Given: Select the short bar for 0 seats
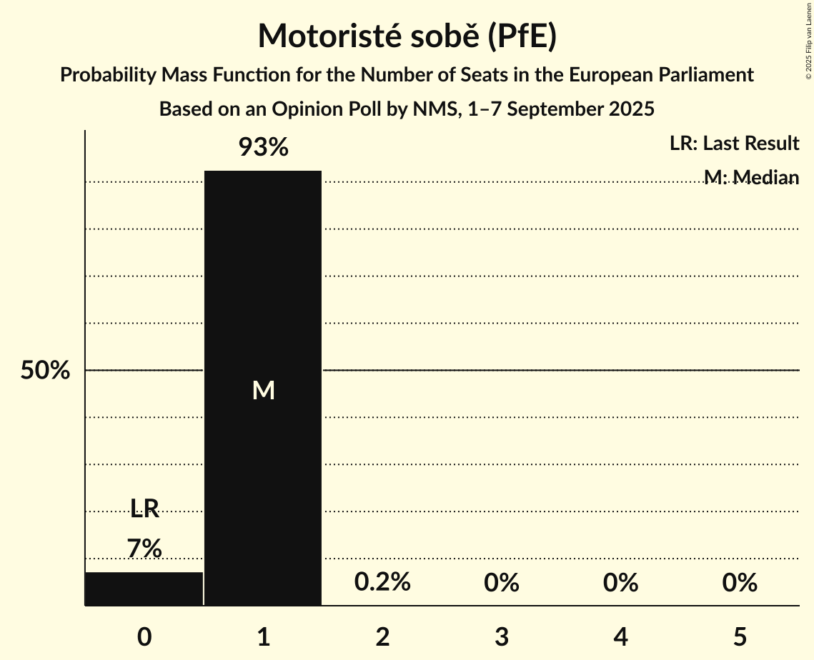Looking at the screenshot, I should click(144, 589).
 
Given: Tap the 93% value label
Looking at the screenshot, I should click(263, 148).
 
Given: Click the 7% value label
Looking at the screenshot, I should click(144, 549).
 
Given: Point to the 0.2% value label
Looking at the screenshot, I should click(382, 582).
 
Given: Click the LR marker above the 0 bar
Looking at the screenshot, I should click(144, 509).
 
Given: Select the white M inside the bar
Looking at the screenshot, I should click(263, 390).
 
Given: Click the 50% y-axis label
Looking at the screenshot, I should click(45, 371).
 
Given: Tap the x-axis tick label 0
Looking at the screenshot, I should click(144, 636).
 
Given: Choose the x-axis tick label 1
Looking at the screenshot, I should click(263, 636).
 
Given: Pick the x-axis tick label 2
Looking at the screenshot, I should click(382, 636).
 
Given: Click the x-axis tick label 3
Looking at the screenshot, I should click(502, 636).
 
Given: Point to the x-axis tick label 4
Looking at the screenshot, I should click(620, 636).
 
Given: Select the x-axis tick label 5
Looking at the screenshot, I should click(740, 636).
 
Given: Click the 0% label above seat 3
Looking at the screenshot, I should click(502, 583).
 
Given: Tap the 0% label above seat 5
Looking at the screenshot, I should click(740, 583).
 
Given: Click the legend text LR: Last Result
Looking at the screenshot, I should click(734, 144).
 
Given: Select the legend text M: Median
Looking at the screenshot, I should click(751, 176).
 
